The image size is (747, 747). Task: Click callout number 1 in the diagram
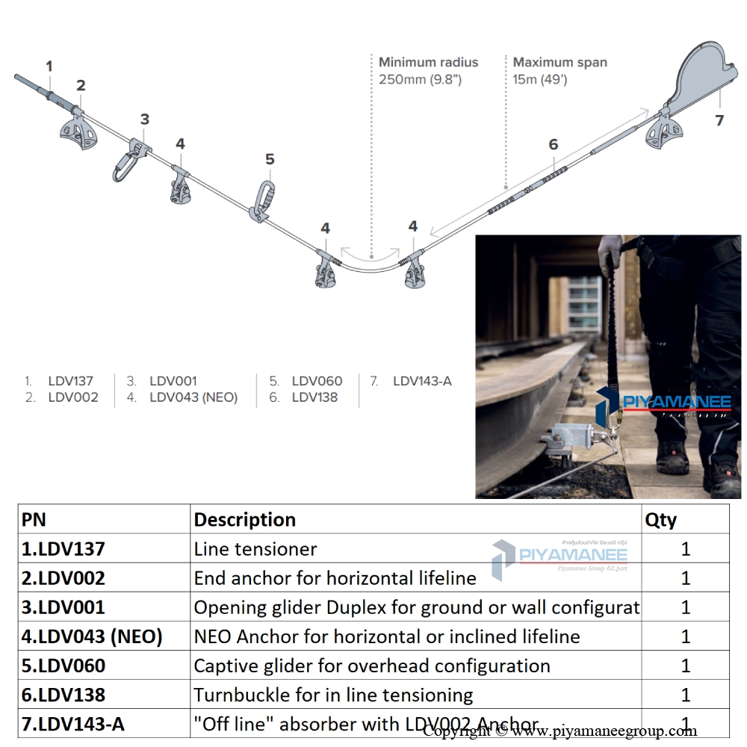(49, 66)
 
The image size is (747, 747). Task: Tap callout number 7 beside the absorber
(719, 120)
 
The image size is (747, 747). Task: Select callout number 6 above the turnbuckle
(553, 144)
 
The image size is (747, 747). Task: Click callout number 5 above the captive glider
(270, 159)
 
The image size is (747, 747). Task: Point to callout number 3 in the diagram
(145, 119)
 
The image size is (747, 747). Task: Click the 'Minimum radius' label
(428, 63)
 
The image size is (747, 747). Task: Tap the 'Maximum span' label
(560, 63)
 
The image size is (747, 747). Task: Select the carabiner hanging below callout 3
(125, 165)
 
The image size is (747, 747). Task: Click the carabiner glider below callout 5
(264, 198)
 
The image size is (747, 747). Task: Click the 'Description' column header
(245, 519)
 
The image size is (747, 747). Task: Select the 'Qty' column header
(660, 519)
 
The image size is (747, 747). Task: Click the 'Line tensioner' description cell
(255, 549)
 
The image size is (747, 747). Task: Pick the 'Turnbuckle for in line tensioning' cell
(333, 695)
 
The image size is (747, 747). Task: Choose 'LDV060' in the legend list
(317, 381)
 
